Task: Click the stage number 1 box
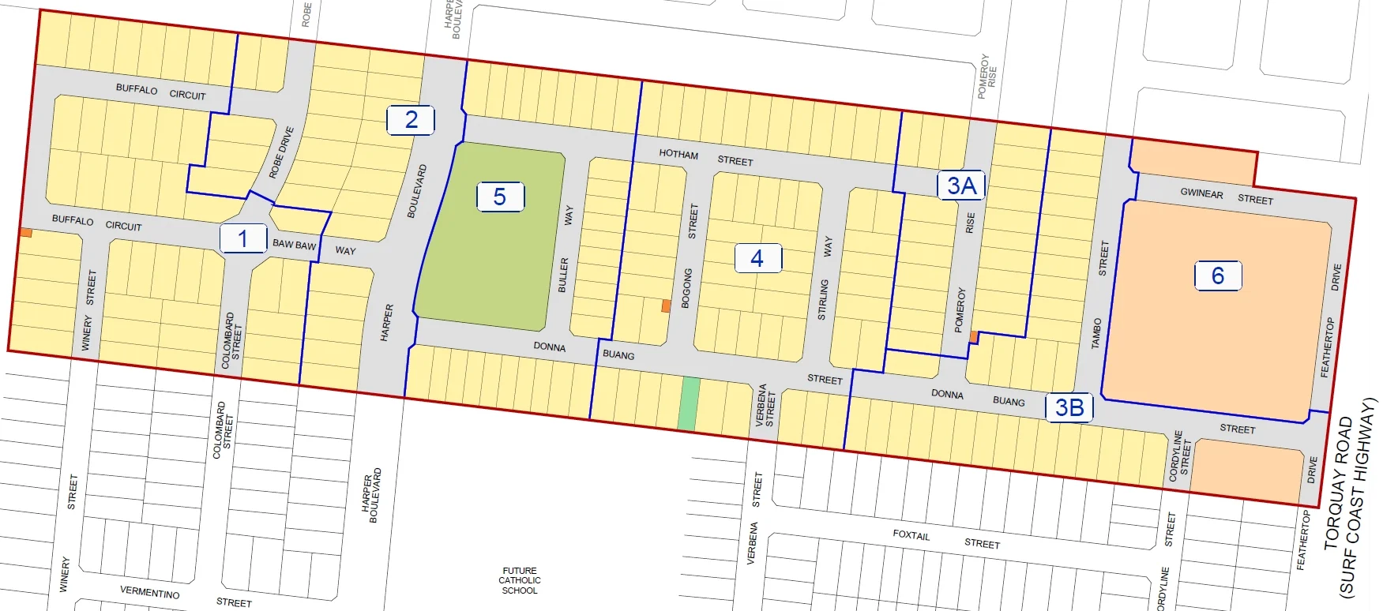click(242, 238)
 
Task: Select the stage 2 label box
click(411, 120)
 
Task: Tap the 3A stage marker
click(961, 186)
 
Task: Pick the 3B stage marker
click(1069, 407)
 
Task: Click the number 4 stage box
click(757, 258)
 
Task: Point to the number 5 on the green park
click(500, 197)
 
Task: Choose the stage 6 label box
click(1218, 276)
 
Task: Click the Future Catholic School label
click(520, 580)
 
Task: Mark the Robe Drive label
click(281, 152)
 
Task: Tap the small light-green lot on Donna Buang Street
click(690, 403)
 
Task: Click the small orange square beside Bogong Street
click(666, 305)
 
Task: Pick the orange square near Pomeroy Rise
click(974, 337)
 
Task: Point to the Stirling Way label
click(825, 277)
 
